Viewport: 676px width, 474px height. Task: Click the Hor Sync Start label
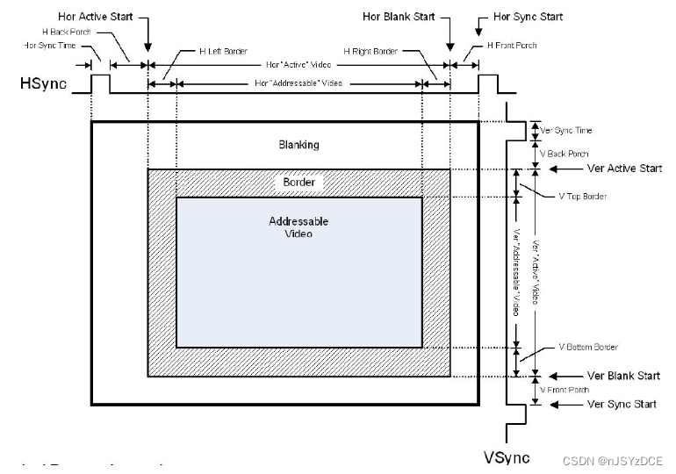(x=528, y=17)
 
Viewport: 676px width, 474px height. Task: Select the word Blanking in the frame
(x=298, y=144)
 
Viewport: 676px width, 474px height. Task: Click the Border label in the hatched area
(x=298, y=183)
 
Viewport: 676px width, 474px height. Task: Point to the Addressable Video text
(x=298, y=227)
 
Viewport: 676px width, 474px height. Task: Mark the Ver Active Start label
(x=622, y=168)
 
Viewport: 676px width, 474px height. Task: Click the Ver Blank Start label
(x=622, y=376)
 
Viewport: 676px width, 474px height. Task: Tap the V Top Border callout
(x=582, y=196)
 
